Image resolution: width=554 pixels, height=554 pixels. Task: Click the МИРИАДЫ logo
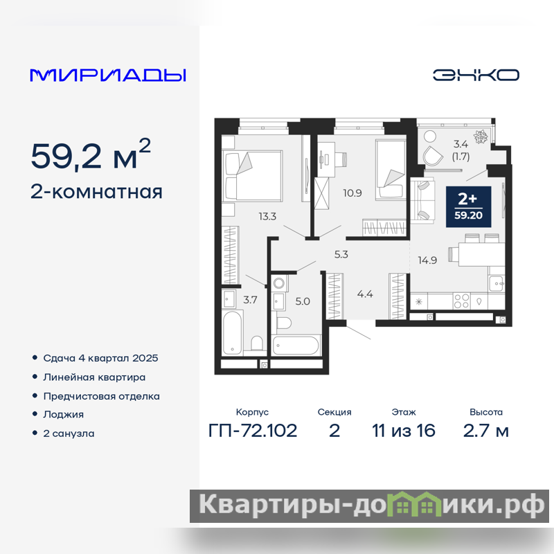[108, 75]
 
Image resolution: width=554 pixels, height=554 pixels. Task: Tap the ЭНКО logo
[476, 75]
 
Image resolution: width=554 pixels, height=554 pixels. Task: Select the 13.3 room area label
[267, 216]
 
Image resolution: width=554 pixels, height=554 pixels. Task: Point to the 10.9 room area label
[352, 193]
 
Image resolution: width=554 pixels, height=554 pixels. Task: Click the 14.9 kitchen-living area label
[427, 260]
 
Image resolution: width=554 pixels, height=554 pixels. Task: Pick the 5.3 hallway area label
[341, 254]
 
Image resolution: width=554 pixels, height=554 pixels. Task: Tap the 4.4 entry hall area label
[365, 294]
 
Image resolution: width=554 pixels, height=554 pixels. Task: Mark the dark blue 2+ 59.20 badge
[469, 206]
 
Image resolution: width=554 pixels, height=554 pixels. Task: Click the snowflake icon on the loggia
[481, 136]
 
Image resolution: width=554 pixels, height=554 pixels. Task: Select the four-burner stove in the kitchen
[461, 301]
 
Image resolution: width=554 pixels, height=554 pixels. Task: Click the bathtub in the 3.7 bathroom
[232, 332]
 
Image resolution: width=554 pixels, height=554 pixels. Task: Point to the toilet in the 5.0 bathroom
[284, 323]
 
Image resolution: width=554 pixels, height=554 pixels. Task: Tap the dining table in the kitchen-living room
[481, 254]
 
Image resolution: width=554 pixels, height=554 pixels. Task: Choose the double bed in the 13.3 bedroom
[252, 176]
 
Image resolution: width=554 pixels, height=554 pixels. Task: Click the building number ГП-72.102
[253, 431]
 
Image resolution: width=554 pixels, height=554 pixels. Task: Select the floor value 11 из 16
[404, 431]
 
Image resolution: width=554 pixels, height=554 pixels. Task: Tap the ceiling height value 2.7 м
[486, 431]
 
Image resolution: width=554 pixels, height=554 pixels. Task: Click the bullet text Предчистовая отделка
[101, 396]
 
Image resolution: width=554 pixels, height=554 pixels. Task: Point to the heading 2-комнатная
[96, 192]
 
